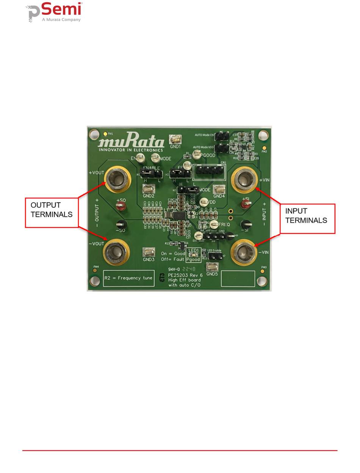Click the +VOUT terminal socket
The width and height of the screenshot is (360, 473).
point(117,178)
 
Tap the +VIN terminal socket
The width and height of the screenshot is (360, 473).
point(244,178)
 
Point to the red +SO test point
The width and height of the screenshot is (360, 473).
point(121,206)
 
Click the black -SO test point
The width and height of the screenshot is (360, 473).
point(121,224)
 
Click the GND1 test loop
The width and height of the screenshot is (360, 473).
point(175,139)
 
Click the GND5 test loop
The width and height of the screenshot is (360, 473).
point(212,267)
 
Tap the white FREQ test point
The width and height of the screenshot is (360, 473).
point(214,224)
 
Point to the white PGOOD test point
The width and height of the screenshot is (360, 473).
point(197,154)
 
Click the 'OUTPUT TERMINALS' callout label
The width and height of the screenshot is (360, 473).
point(52,210)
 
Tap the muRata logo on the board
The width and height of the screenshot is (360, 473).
point(131,143)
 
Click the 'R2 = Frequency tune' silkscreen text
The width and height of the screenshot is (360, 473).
point(128,278)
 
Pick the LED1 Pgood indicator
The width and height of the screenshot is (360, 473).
point(193,255)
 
